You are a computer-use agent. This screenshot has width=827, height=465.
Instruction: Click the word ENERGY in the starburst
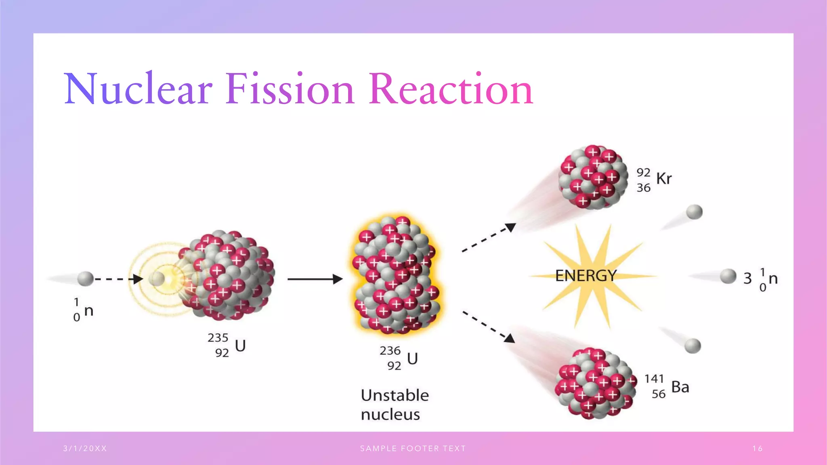pyautogui.click(x=586, y=276)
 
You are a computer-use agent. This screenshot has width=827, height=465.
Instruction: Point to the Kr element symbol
pyautogui.click(x=664, y=178)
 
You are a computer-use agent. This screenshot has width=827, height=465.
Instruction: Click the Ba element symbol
pyautogui.click(x=680, y=387)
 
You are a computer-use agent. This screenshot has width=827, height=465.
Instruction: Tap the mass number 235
pyautogui.click(x=218, y=337)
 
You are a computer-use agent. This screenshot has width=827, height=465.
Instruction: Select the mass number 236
pyautogui.click(x=390, y=350)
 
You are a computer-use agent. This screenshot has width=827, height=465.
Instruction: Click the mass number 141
pyautogui.click(x=654, y=379)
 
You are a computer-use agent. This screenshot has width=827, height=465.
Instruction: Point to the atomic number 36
pyautogui.click(x=644, y=188)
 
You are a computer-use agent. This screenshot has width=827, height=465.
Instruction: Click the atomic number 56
pyautogui.click(x=659, y=394)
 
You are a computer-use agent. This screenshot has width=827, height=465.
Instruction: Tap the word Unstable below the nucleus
pyautogui.click(x=395, y=396)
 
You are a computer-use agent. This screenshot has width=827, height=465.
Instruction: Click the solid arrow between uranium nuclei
pyautogui.click(x=315, y=279)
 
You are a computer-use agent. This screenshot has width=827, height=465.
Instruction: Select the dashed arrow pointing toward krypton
pyautogui.click(x=489, y=238)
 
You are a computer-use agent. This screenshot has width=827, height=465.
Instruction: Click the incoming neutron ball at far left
pyautogui.click(x=85, y=279)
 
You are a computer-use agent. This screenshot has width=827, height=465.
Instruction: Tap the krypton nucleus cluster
pyautogui.click(x=593, y=178)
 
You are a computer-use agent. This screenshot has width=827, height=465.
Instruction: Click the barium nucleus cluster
pyautogui.click(x=594, y=383)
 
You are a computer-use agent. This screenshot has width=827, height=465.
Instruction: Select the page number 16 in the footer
pyautogui.click(x=758, y=448)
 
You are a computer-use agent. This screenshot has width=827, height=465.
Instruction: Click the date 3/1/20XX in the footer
pyautogui.click(x=85, y=448)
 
